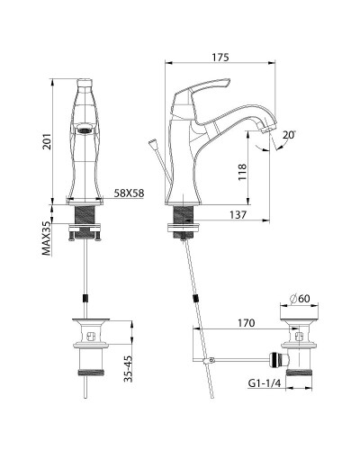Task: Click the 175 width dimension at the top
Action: pos(220,58)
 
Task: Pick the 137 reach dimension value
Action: pos(239,213)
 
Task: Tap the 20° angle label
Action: pos(287,136)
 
